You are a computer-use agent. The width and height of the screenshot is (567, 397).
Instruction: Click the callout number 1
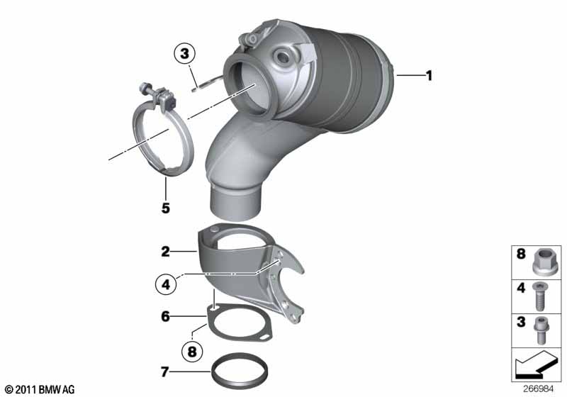click(x=427, y=75)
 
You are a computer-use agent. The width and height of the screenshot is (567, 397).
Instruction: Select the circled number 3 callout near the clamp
click(x=184, y=53)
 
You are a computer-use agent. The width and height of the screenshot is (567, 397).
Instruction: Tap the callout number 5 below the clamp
click(x=165, y=209)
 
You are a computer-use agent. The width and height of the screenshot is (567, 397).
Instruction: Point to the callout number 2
click(x=165, y=251)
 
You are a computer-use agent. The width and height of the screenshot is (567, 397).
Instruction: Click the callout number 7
click(x=165, y=370)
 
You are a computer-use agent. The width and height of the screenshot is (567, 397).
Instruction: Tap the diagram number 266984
click(x=542, y=389)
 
